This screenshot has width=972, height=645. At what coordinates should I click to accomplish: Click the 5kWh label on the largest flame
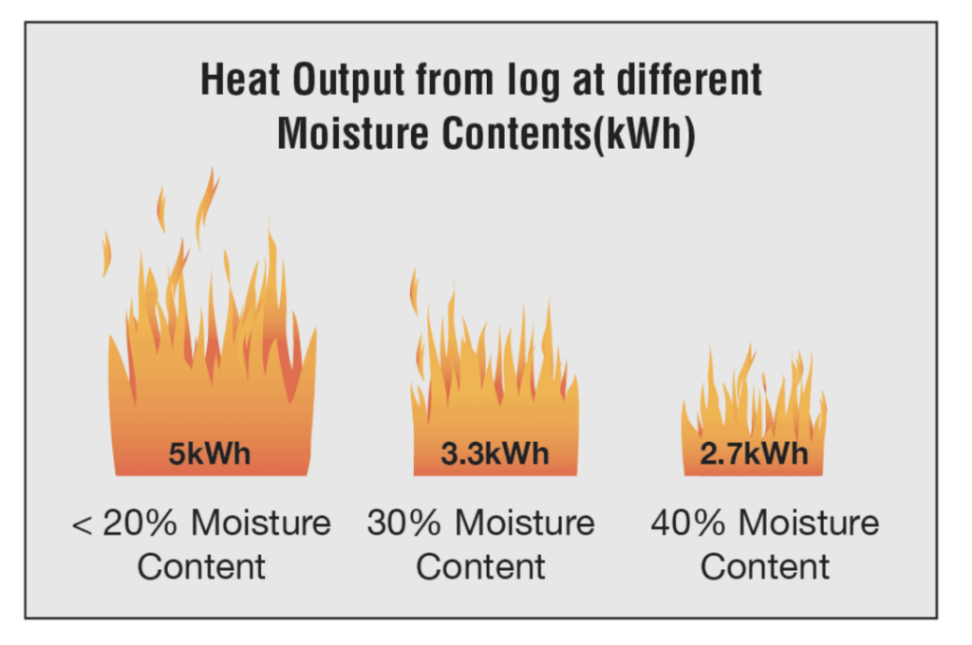pos(210,453)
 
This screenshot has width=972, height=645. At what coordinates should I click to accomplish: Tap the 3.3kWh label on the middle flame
pos(495,453)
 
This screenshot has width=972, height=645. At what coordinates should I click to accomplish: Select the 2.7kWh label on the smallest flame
pos(754,453)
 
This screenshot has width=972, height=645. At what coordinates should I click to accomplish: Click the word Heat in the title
pos(240,80)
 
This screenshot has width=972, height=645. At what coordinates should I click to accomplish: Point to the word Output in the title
pos(348,82)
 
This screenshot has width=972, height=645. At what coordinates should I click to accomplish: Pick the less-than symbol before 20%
pos(82,525)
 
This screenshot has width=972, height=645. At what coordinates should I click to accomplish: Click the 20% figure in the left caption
pos(140,523)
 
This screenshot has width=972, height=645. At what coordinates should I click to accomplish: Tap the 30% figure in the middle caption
pos(404,523)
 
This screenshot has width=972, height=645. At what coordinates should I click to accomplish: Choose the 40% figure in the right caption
pos(688,523)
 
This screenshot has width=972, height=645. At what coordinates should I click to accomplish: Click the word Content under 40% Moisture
pos(765,567)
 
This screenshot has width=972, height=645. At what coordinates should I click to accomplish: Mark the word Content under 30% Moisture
pos(480,567)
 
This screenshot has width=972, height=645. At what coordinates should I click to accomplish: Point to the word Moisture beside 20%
pos(261,523)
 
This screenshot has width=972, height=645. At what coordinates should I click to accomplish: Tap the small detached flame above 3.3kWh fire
pos(414,292)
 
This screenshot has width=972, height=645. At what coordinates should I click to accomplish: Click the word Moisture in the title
pos(352,134)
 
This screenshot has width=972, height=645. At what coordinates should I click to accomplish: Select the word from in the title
pos(456,81)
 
